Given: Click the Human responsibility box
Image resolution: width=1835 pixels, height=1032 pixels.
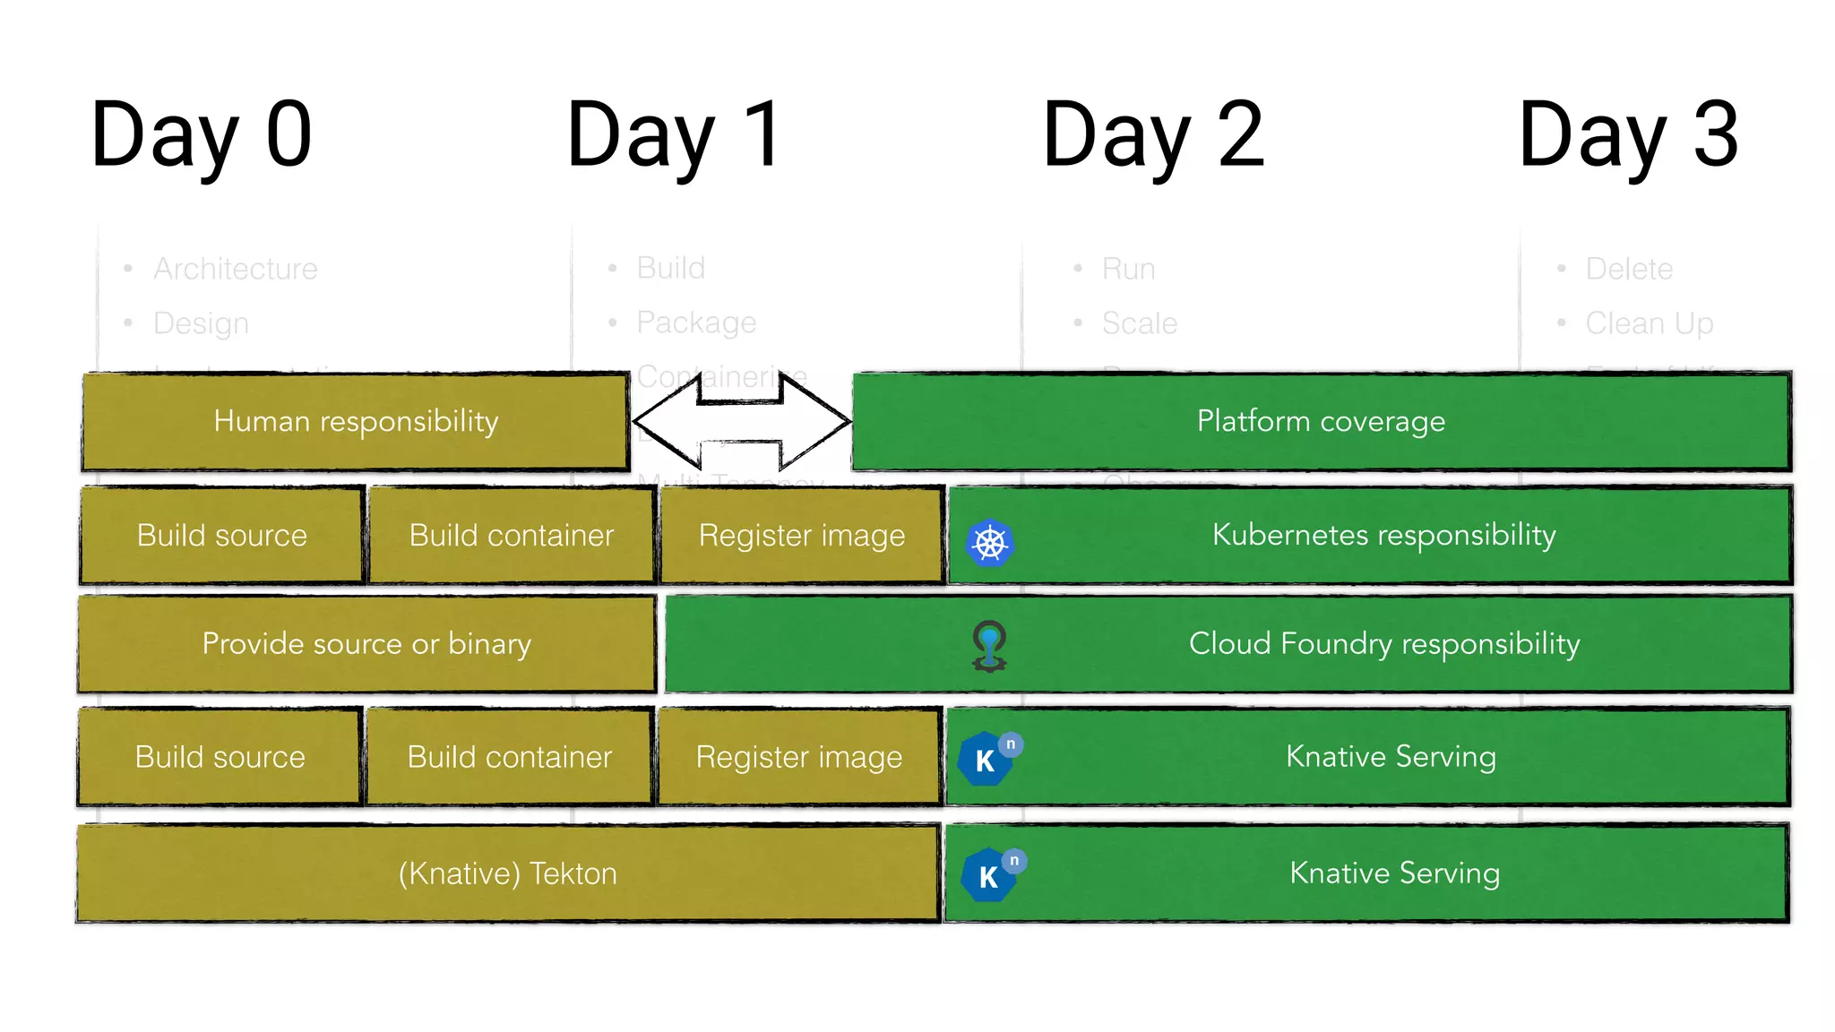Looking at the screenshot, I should [356, 421].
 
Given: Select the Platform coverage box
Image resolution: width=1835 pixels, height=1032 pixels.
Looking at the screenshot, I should [1321, 421].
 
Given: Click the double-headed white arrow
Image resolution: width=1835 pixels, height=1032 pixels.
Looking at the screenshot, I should [742, 421].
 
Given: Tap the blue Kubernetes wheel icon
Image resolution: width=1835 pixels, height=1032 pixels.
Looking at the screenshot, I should [990, 543].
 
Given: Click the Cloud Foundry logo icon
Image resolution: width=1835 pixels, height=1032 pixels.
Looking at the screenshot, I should [989, 646].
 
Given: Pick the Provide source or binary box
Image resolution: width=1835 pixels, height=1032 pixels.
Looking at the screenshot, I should [366, 643].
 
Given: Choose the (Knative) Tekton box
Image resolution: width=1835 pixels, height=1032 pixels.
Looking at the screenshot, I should [507, 873].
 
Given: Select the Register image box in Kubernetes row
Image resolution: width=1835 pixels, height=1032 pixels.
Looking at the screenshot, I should [802, 536].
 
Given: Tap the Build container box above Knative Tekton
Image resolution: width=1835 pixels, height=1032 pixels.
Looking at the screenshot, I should [509, 757].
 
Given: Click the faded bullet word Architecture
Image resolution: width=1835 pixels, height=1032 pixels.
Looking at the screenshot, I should [235, 269].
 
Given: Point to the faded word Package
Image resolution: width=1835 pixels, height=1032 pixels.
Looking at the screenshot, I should [696, 322].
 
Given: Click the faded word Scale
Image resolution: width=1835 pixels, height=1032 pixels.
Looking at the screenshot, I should [1139, 323].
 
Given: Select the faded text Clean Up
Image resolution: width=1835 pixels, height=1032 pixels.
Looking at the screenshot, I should [1649, 323].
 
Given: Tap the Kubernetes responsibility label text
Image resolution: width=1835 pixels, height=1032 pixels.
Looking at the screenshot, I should [1383, 535].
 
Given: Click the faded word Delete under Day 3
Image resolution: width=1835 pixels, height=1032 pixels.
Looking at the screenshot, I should [1628, 269].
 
